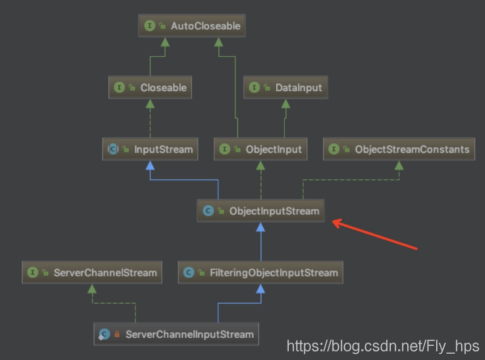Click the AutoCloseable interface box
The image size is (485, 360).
[192, 26]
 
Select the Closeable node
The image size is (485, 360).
[150, 88]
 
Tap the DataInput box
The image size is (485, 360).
[286, 88]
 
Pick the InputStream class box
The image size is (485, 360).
[150, 150]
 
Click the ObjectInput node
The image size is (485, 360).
[261, 150]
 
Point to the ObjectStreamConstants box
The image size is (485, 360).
[399, 150]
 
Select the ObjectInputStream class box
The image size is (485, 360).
[261, 211]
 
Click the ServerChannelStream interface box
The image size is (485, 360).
[92, 273]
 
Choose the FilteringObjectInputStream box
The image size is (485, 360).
[261, 273]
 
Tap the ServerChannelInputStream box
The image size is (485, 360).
[176, 334]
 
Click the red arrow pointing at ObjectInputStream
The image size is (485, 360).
[374, 235]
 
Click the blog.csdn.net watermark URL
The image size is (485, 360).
[383, 346]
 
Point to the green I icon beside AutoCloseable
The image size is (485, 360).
[150, 26]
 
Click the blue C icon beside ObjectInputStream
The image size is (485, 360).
[208, 211]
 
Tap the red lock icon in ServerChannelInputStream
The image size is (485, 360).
[117, 334]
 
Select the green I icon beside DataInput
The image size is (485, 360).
[254, 88]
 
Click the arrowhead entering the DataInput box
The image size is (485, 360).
[286, 104]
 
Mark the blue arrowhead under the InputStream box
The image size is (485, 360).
[150, 165]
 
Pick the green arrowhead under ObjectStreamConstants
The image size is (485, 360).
[399, 165]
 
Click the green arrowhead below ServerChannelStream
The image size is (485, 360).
[92, 289]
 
